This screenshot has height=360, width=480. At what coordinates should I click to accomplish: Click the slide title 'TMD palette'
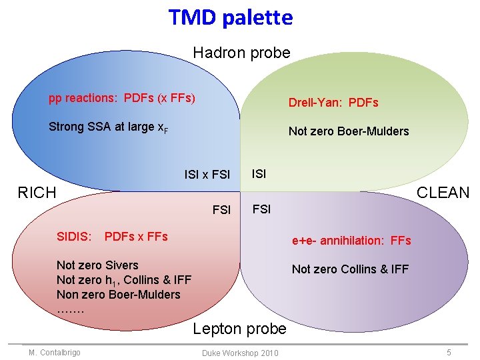coord(231,17)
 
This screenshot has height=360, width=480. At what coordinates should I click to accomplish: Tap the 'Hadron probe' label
coord(241,53)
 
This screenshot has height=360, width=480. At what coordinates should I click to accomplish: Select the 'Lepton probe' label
coord(239,328)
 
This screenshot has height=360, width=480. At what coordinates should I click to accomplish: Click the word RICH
coord(37,193)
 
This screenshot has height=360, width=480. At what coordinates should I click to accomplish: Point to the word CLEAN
coord(443,193)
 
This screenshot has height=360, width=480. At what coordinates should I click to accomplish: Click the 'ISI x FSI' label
coord(207,175)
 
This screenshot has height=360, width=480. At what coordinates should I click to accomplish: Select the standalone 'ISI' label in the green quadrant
coord(259,174)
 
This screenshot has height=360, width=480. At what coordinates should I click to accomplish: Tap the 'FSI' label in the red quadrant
coord(221,211)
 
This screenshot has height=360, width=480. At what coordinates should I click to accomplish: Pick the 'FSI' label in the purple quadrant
coord(261,209)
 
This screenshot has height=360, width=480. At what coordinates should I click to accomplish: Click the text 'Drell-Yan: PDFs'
coord(333,103)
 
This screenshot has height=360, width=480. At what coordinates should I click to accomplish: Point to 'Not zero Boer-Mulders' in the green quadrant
coord(348,131)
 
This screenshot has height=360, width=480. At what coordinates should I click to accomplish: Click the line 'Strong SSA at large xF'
coord(108,127)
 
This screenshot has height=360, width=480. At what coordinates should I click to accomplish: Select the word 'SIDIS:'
coord(75,237)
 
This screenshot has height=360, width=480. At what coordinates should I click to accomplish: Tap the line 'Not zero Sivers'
coord(97,265)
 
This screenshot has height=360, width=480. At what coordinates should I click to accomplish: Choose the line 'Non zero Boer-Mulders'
coord(119,295)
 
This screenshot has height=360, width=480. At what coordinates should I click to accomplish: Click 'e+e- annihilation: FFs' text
coord(351,241)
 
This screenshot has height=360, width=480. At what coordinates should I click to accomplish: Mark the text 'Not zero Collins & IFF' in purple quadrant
coord(350,269)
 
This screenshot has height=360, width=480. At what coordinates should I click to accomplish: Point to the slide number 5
coord(449,352)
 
